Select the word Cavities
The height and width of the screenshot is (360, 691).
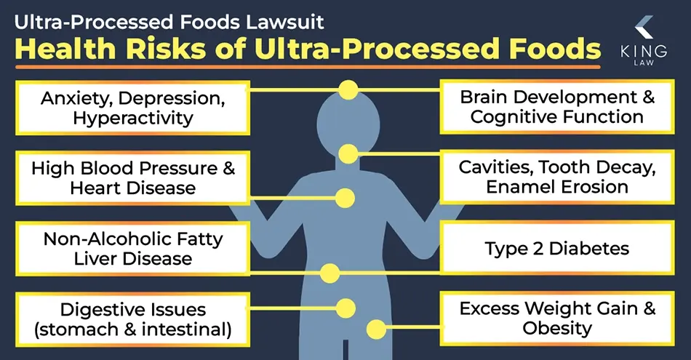[x=492, y=167]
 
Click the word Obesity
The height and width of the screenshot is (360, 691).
[x=556, y=328]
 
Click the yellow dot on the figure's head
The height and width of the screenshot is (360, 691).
[x=348, y=90]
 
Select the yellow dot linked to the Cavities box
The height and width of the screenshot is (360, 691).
[x=348, y=153]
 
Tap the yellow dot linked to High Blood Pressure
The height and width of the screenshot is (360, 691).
[x=345, y=197]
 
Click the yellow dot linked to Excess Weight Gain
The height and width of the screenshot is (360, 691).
[x=376, y=329]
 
